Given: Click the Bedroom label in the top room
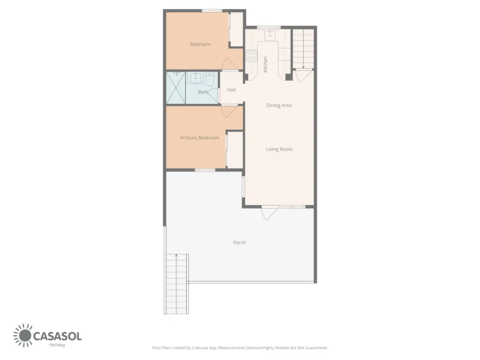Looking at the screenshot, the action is (x=200, y=44).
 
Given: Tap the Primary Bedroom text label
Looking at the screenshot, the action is (x=199, y=138).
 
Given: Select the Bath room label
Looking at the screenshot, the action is (x=203, y=92).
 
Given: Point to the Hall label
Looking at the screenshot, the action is (x=231, y=90).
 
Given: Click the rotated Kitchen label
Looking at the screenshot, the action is (x=265, y=64).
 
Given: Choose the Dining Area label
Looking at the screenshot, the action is (x=279, y=105).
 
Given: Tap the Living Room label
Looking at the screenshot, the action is (x=279, y=149).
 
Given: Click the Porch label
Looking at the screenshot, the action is (x=240, y=243).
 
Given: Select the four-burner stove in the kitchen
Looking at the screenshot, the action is (x=251, y=56).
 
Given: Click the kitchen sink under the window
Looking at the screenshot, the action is (x=270, y=35).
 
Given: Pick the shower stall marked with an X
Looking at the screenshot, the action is (x=176, y=88).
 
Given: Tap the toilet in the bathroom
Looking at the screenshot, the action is (x=210, y=79).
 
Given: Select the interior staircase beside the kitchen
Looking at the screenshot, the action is (x=303, y=49).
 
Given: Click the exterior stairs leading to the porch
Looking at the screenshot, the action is (x=176, y=284).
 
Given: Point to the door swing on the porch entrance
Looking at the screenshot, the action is (x=269, y=213).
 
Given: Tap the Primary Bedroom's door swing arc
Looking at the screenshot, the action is (x=230, y=111).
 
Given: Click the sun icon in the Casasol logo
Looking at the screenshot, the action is (x=23, y=336).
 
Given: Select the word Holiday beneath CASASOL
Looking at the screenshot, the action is (x=57, y=345).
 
